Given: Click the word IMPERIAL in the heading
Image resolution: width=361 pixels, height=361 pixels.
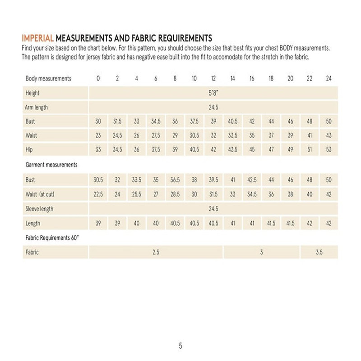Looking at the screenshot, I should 37,38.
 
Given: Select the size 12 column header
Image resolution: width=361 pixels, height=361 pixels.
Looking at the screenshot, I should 213,79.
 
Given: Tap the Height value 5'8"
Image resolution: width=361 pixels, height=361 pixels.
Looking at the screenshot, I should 213,93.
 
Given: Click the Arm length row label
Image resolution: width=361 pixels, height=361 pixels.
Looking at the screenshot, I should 37,107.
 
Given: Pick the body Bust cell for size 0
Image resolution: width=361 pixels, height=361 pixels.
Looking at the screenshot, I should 98,122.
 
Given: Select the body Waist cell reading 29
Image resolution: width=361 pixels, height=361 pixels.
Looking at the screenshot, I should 175,136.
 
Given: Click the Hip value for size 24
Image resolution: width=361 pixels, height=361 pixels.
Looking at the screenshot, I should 329,150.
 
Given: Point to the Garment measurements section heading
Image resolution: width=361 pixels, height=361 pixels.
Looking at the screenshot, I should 51,165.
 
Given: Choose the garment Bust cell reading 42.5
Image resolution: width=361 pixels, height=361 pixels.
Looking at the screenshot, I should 252,180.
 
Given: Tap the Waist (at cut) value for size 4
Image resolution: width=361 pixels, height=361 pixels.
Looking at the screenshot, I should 136,194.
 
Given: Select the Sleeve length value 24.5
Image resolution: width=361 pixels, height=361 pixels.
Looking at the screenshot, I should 213,208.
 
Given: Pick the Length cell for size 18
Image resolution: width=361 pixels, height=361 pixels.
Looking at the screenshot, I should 271,223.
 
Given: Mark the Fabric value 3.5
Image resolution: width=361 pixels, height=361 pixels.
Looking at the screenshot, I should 319,252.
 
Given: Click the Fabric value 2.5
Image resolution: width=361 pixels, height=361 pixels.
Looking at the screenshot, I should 156,252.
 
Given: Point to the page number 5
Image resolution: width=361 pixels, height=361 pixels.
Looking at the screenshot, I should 180,346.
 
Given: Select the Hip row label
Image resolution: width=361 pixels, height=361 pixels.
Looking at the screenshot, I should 30,150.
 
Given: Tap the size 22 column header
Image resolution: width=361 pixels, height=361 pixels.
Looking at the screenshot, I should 310,79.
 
